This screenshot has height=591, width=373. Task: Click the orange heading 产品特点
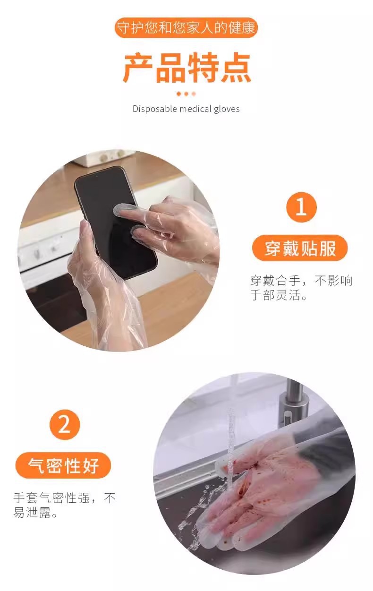pos(187,68)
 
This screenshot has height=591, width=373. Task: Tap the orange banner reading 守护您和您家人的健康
pos(186,28)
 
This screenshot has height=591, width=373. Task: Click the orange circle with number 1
pos(301,207)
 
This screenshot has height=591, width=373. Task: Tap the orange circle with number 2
pos(65,424)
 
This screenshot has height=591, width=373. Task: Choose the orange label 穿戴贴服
pos(300,248)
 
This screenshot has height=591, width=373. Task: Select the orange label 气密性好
pos(63,465)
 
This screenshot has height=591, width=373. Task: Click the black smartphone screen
pos(116,222)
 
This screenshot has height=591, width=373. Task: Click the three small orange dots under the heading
pos(186,94)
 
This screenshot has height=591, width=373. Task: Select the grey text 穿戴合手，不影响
pos(301,281)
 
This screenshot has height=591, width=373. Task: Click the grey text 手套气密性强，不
pos(65,497)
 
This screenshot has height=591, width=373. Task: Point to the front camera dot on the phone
pos(97,176)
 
